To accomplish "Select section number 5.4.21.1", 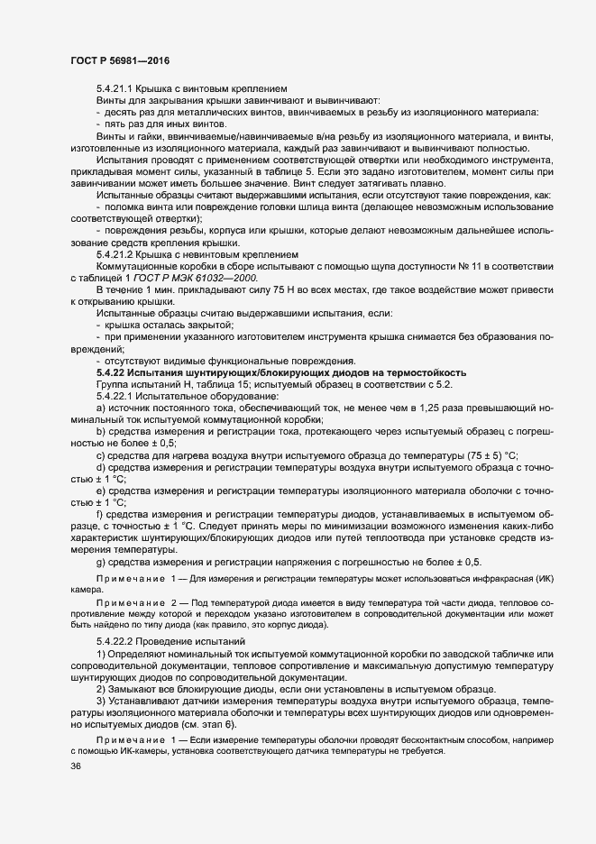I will point(115,88).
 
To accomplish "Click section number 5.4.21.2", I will point(115,254).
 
